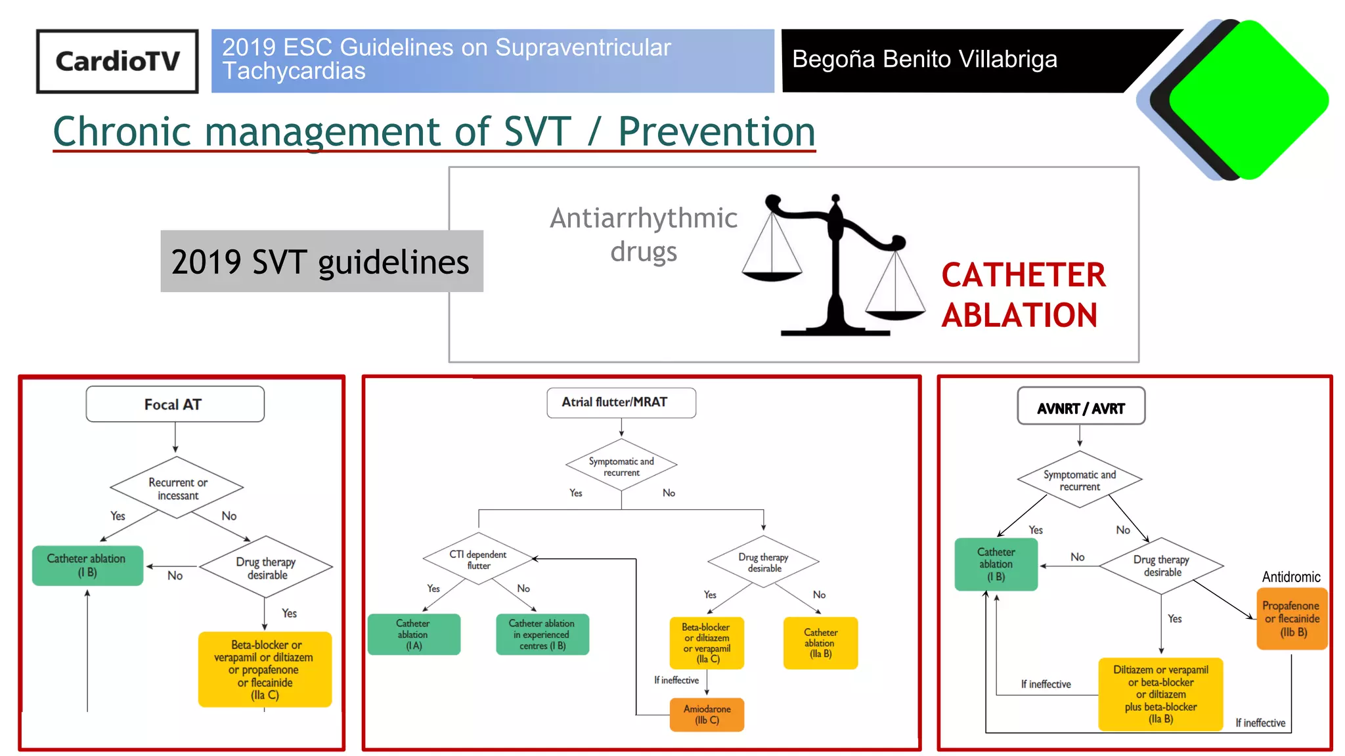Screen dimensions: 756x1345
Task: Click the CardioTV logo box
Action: pos(117,61)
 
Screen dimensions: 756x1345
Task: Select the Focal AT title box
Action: pos(175,404)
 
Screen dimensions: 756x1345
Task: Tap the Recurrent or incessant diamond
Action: pos(177,488)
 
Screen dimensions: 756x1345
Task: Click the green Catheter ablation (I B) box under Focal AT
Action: pos(87,565)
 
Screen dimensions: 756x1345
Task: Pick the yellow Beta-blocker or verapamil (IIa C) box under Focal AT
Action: pos(265,669)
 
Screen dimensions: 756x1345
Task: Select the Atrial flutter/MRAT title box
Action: pos(621,402)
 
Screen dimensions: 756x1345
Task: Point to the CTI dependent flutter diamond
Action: pos(478,560)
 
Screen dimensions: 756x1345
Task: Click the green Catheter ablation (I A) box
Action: pos(414,635)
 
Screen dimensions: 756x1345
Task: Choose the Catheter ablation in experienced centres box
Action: pos(542,635)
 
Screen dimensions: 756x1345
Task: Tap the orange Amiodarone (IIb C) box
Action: pos(707,715)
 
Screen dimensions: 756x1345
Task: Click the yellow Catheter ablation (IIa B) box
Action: pos(820,643)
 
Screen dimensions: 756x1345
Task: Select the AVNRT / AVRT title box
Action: pos(1081,408)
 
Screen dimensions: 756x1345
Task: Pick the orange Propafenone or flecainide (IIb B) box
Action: pos(1292,619)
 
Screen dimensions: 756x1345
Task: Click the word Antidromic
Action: pos(1290,577)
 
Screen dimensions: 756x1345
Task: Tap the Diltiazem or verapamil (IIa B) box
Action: pos(1160,694)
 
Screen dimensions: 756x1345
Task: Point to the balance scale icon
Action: pos(834,266)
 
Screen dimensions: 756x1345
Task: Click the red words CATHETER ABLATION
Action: pos(1023,295)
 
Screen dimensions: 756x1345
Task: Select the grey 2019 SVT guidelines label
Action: pos(321,261)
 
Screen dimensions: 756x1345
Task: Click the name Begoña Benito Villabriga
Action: pos(925,60)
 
